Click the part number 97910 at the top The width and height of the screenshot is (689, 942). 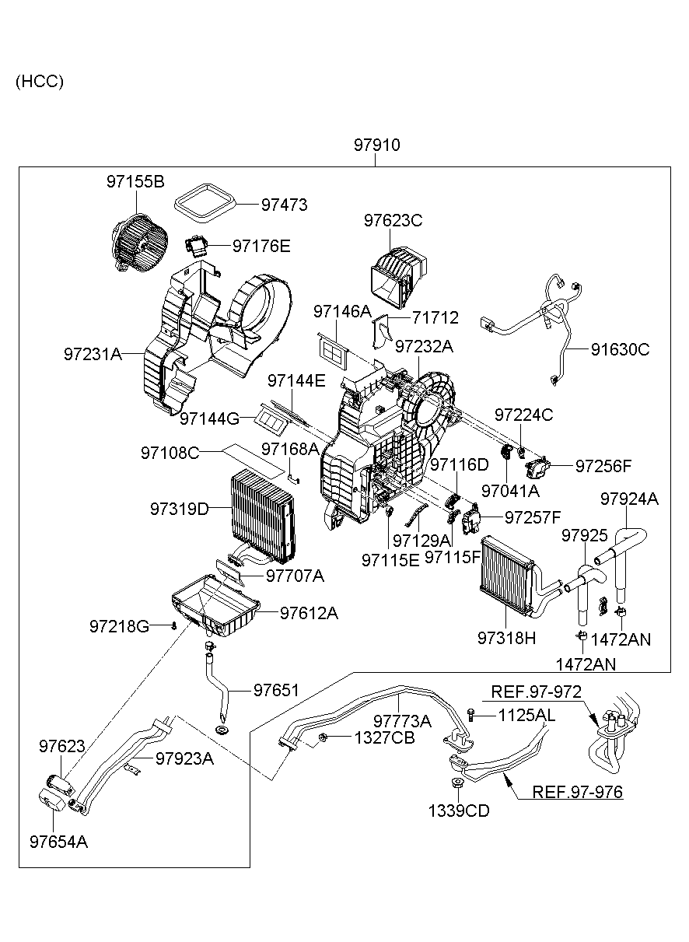tap(377, 145)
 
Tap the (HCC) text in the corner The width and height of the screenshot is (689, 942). tap(39, 82)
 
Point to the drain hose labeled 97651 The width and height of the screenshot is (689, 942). tap(218, 688)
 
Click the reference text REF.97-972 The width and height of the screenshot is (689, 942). tap(536, 692)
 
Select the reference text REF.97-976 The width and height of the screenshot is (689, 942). tap(577, 793)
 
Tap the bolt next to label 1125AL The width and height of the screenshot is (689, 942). tap(471, 714)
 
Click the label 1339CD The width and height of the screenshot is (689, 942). tap(458, 811)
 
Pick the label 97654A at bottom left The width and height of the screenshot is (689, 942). tap(58, 842)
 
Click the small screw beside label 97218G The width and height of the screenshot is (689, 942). tap(175, 625)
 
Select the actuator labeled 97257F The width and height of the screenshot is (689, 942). tap(472, 518)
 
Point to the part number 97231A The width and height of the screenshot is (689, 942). tap(93, 354)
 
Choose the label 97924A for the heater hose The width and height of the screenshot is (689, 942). tap(629, 499)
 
